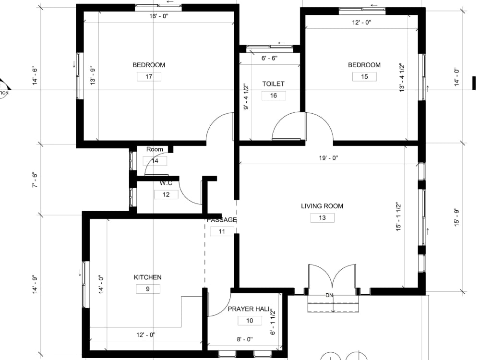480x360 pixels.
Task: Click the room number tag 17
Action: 149,76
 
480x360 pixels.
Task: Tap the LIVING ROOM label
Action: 322,206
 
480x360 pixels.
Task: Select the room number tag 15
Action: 364,76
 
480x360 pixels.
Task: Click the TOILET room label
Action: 273,84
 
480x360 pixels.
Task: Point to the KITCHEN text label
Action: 147,277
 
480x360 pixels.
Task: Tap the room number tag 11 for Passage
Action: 222,231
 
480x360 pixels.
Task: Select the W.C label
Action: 166,183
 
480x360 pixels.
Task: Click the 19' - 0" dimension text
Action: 328,157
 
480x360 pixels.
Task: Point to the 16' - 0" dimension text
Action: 158,16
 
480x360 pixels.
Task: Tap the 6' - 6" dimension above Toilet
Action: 269,58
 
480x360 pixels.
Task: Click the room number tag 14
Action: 155,161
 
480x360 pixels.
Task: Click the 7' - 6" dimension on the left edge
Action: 34,180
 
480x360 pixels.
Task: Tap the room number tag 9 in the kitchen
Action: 148,289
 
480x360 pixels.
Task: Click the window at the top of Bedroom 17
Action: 158,7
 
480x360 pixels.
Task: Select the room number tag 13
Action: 322,218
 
